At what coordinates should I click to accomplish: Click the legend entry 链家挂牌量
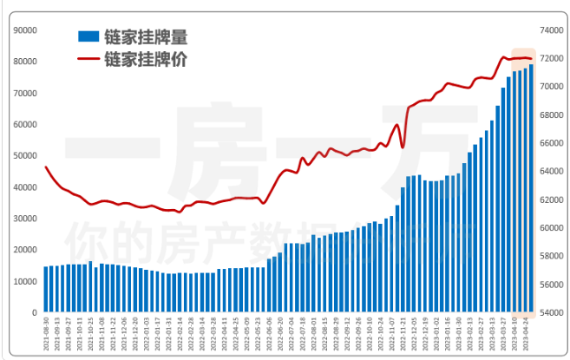[145, 37]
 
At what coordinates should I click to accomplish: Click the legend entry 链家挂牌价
[145, 59]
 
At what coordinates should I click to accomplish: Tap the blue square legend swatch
[88, 37]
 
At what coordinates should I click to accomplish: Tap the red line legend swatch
[88, 59]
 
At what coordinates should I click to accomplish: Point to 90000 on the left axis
[23, 29]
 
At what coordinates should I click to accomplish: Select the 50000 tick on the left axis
[23, 155]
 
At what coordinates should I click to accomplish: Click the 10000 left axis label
[23, 281]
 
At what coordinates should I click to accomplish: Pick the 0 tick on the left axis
[34, 312]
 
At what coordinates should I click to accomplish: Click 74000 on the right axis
[551, 29]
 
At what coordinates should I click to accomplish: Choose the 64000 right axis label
[551, 171]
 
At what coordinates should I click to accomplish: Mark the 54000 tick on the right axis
[551, 312]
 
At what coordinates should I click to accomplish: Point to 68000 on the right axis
[551, 115]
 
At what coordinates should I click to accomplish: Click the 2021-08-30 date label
[47, 334]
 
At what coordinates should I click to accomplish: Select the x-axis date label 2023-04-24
[531, 334]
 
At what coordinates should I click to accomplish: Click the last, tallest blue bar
[531, 188]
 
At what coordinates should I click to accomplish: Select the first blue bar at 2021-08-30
[46, 289]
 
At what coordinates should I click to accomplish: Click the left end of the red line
[46, 167]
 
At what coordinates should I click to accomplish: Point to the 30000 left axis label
[23, 219]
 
